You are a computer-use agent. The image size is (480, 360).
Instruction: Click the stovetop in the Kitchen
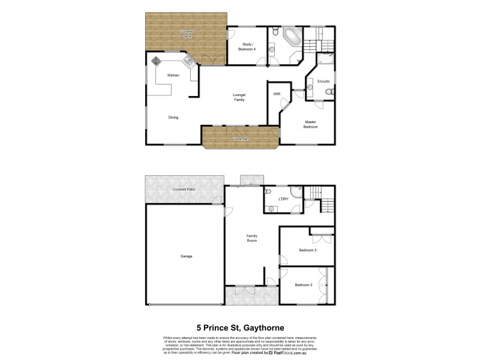[x=157, y=61]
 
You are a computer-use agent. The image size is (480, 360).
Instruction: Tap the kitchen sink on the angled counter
[x=186, y=61]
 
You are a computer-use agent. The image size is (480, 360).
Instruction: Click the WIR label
[x=277, y=94]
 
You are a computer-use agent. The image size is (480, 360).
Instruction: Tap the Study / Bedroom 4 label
[x=248, y=46]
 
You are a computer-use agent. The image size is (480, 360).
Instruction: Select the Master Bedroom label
[x=310, y=124]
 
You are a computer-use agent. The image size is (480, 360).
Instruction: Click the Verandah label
[x=241, y=140]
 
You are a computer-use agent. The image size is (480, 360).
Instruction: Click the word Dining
[x=173, y=118]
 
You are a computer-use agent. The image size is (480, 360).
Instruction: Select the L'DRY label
[x=284, y=198]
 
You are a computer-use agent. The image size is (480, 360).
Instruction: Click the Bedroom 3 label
[x=307, y=250]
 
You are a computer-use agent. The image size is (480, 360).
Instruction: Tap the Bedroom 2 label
[x=303, y=285]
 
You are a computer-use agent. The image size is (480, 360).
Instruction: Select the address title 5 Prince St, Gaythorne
[x=240, y=328]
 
